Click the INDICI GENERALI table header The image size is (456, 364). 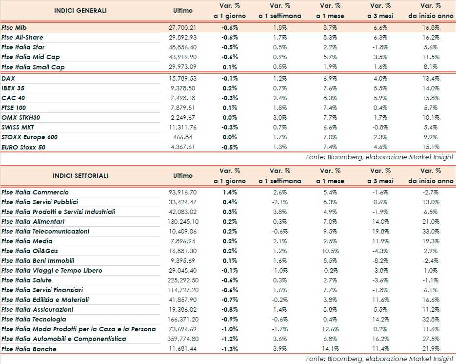click(x=80, y=10)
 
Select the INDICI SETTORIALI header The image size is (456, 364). click(x=80, y=175)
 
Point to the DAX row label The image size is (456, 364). click(x=8, y=78)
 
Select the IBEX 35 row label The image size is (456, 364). click(x=13, y=88)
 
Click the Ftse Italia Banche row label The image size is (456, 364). click(x=29, y=349)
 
